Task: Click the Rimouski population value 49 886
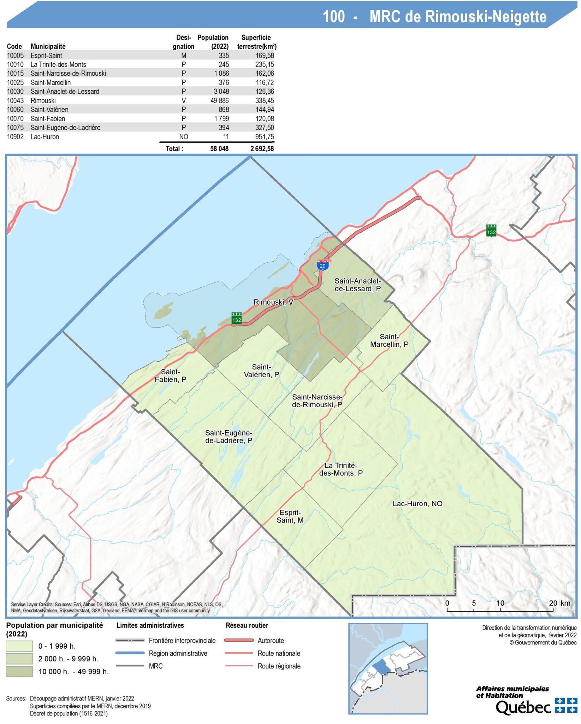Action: click(x=219, y=100)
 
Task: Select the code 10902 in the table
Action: click(x=15, y=137)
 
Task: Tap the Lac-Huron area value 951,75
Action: click(x=265, y=137)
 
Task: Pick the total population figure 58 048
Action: click(x=219, y=149)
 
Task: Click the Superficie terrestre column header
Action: click(x=256, y=42)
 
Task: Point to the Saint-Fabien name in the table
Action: click(x=48, y=119)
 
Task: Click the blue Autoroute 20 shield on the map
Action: click(x=322, y=265)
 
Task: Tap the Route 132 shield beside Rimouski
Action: click(x=236, y=319)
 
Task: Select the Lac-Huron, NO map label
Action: click(x=417, y=504)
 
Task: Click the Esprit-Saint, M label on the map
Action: click(x=290, y=516)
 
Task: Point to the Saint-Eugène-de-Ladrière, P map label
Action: click(x=229, y=437)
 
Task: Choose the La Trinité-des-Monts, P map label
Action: click(x=341, y=469)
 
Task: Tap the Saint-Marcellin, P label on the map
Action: click(x=389, y=340)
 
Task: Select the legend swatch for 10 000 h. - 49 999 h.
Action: click(x=19, y=671)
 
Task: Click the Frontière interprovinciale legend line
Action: click(x=130, y=640)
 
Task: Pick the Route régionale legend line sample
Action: click(x=239, y=666)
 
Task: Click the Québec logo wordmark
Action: click(x=523, y=707)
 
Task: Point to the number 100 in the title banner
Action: click(x=333, y=17)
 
